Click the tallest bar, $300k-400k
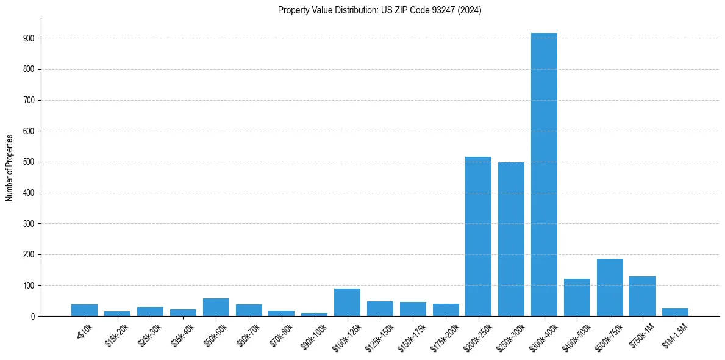pyautogui.click(x=544, y=175)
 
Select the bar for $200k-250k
pyautogui.click(x=478, y=237)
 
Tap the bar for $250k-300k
pyautogui.click(x=511, y=239)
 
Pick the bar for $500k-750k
pyautogui.click(x=610, y=287)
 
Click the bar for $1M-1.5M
pyautogui.click(x=675, y=312)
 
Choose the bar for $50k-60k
pyautogui.click(x=216, y=308)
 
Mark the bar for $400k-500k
pyautogui.click(x=577, y=298)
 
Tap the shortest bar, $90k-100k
pyautogui.click(x=314, y=315)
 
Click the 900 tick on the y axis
pyautogui.click(x=29, y=38)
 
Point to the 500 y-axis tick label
pyautogui.click(x=29, y=162)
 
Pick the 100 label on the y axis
pyautogui.click(x=29, y=286)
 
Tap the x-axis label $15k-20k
pyautogui.click(x=117, y=333)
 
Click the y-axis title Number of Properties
pyautogui.click(x=9, y=168)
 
